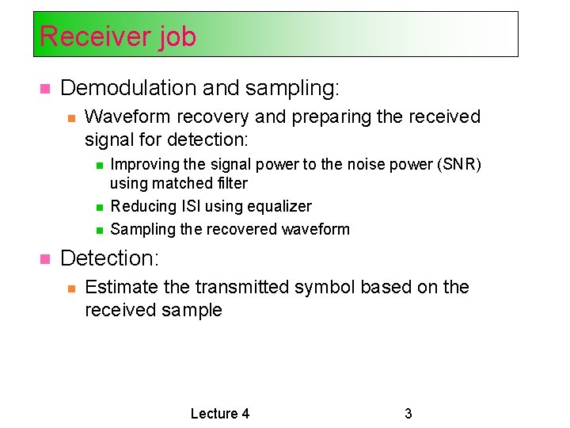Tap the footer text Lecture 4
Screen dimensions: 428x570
click(x=220, y=413)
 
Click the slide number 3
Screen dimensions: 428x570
click(x=408, y=413)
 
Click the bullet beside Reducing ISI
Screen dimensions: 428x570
click(x=99, y=207)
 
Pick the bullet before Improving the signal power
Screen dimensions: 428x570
click(x=99, y=165)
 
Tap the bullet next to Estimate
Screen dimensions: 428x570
click(x=70, y=288)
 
